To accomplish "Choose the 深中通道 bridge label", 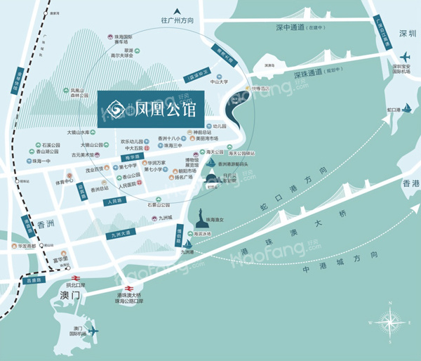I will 294,27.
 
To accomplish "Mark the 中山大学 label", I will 220,81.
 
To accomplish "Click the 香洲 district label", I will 46,225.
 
